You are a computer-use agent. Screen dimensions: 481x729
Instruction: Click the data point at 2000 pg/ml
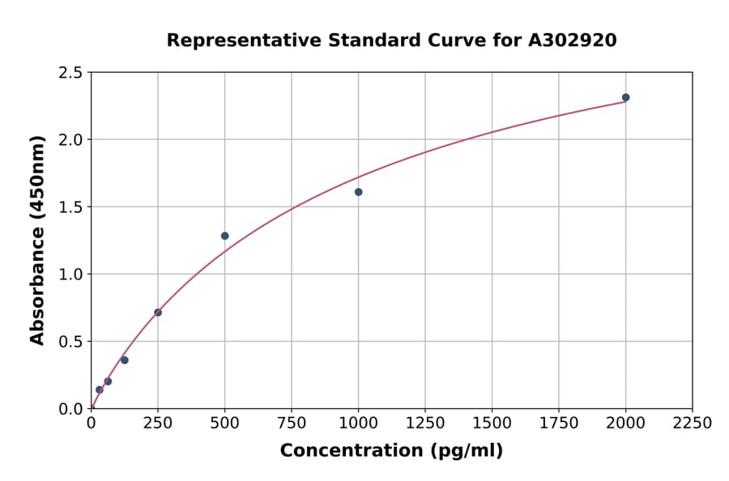[625, 97]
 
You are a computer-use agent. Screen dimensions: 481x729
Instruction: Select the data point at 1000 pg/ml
[358, 192]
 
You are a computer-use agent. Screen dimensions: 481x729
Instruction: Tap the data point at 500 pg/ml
[224, 236]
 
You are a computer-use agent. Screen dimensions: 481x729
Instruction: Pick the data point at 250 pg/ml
[158, 313]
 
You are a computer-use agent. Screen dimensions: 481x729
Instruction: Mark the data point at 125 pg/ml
[125, 360]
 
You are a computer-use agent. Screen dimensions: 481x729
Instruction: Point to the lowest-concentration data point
[100, 389]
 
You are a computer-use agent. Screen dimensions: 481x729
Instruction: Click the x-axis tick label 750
[292, 424]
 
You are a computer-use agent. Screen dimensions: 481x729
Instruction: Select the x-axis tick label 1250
[424, 424]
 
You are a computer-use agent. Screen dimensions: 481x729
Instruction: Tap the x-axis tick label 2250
[692, 424]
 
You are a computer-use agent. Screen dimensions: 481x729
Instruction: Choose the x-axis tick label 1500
[492, 424]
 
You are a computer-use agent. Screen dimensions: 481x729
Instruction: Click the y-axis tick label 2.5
[70, 73]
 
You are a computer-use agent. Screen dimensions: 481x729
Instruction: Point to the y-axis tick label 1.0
[70, 275]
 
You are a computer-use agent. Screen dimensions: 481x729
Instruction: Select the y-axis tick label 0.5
[70, 342]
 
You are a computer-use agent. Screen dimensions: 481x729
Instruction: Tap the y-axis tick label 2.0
[70, 140]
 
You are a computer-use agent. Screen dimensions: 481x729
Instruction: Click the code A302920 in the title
[572, 40]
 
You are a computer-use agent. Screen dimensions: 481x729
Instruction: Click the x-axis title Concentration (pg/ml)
[391, 451]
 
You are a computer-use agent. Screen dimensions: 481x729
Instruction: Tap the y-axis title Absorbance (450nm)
[37, 240]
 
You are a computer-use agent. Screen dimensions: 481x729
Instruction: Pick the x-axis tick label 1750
[558, 424]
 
